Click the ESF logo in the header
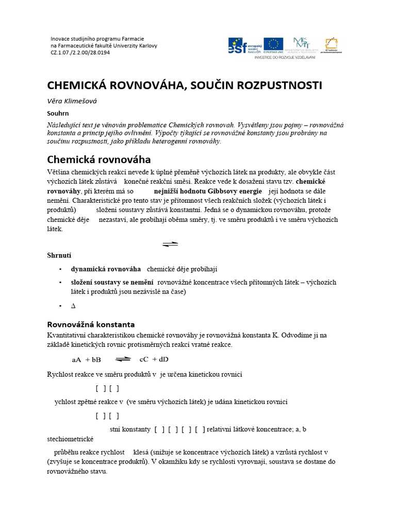[x=244, y=45]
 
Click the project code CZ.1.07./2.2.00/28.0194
[x=80, y=52]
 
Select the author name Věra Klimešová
[x=72, y=101]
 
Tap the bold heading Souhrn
[x=58, y=113]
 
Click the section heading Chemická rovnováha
[x=99, y=159]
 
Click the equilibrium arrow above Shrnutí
[x=170, y=244]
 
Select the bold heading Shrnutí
[x=59, y=255]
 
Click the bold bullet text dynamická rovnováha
[x=106, y=269]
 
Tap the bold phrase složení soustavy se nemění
[x=112, y=282]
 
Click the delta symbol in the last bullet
[x=73, y=306]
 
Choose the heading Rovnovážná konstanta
[x=91, y=324]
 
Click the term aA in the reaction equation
[x=77, y=359]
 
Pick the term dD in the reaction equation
[x=164, y=359]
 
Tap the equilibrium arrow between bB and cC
[x=123, y=359]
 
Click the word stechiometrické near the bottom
[x=70, y=439]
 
